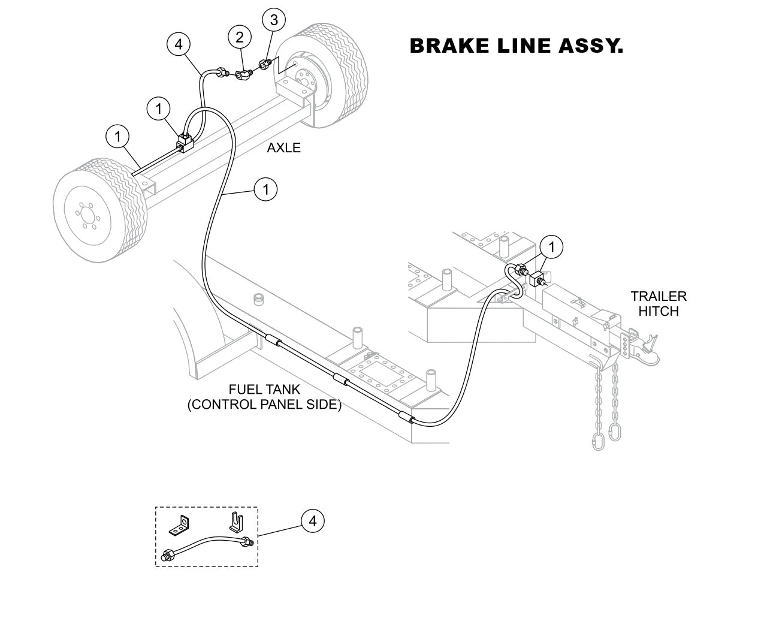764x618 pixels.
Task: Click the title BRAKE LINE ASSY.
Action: (x=516, y=46)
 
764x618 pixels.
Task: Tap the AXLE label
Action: (x=283, y=148)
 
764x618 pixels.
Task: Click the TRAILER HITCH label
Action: (x=658, y=303)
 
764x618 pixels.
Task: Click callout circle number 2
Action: (x=240, y=38)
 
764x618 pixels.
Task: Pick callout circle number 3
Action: (x=274, y=20)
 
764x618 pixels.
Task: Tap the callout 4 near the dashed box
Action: (x=312, y=521)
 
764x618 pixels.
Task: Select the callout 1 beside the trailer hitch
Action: (x=551, y=246)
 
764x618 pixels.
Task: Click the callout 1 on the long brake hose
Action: (x=265, y=190)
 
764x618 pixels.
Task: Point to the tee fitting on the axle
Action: (x=185, y=143)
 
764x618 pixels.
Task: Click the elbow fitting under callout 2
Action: (x=243, y=76)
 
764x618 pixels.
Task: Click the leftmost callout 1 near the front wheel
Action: (x=117, y=137)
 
